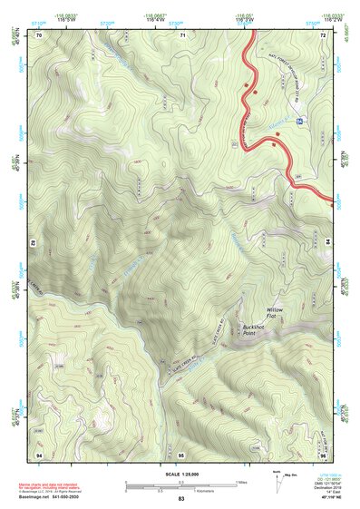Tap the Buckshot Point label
point(256,328)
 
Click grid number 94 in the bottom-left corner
point(39,453)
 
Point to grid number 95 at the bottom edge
point(181,453)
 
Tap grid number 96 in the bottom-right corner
point(323,453)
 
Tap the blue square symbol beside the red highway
point(299,120)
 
